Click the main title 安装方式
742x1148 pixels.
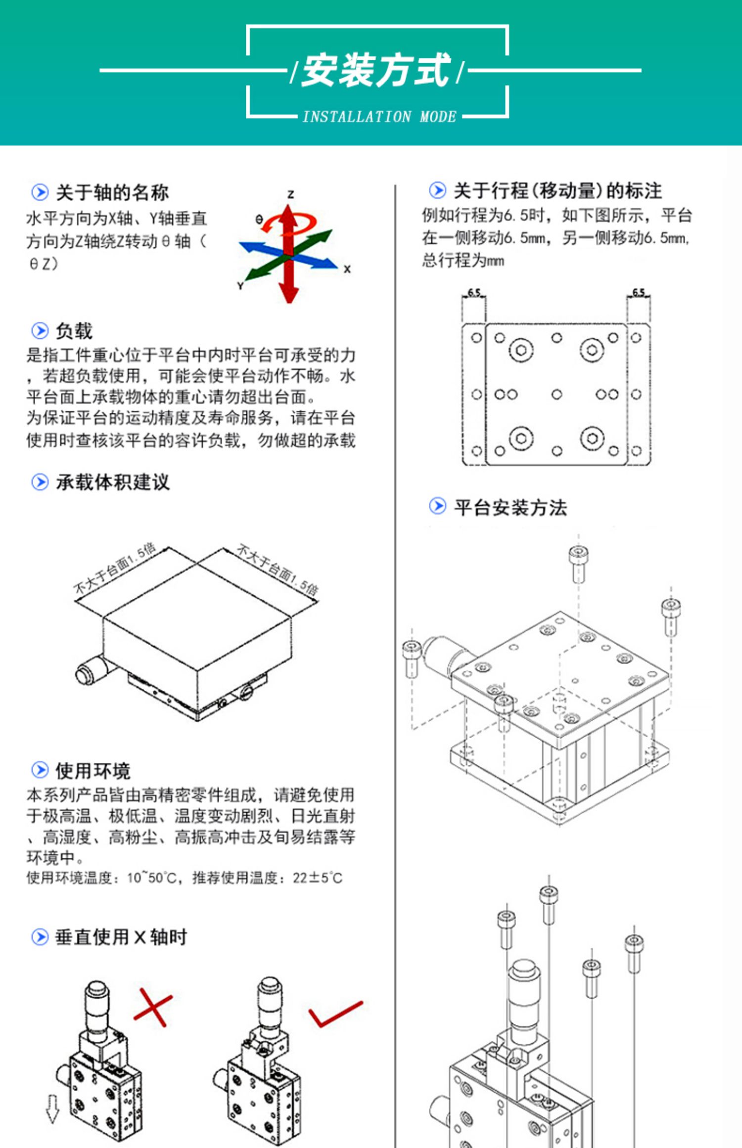pyautogui.click(x=376, y=70)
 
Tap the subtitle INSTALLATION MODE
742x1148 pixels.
pyautogui.click(x=379, y=117)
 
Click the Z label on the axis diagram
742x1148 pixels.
pyautogui.click(x=291, y=194)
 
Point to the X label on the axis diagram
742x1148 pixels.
pyautogui.click(x=347, y=269)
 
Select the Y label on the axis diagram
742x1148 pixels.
pyautogui.click(x=240, y=286)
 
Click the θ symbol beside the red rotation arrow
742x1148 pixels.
pyautogui.click(x=259, y=219)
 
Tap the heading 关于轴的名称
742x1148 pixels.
pyautogui.click(x=112, y=192)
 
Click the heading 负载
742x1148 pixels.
pyautogui.click(x=74, y=331)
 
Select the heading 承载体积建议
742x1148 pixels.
pyautogui.click(x=113, y=482)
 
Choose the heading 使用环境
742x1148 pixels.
pyautogui.click(x=93, y=770)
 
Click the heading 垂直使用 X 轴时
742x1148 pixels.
pyautogui.click(x=121, y=937)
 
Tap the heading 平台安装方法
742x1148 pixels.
pyautogui.click(x=510, y=507)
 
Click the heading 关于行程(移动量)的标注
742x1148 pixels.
pyautogui.click(x=557, y=191)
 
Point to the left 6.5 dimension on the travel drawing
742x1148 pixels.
pyautogui.click(x=474, y=292)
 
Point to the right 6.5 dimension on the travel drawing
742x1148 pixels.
pyautogui.click(x=639, y=292)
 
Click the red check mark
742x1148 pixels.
pyautogui.click(x=334, y=1014)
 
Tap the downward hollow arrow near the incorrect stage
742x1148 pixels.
pyautogui.click(x=52, y=1108)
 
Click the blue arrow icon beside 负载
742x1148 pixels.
pyautogui.click(x=40, y=331)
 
